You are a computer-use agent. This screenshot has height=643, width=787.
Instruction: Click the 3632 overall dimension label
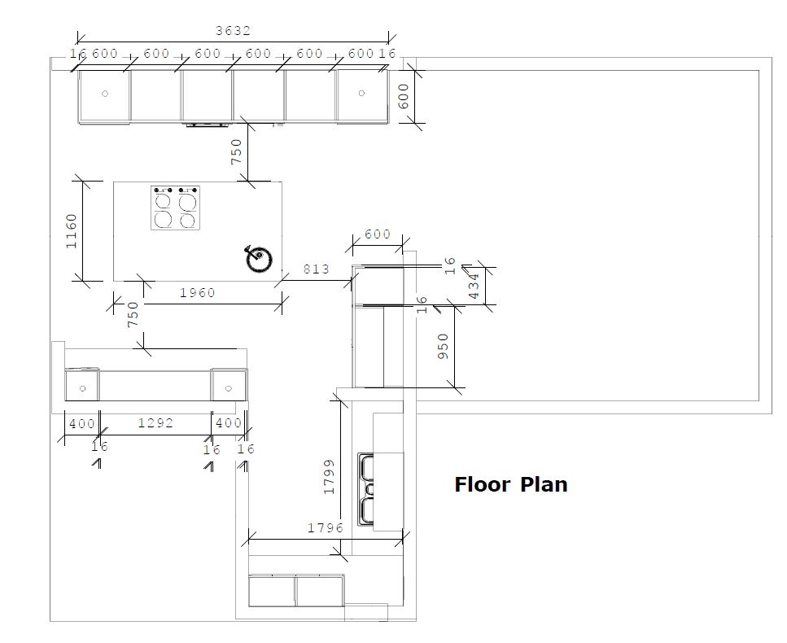coord(233,31)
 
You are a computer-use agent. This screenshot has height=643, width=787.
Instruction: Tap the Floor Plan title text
coord(511,485)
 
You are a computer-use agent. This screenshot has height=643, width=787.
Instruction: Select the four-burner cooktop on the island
coord(175,208)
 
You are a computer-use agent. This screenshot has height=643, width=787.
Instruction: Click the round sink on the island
coord(259,259)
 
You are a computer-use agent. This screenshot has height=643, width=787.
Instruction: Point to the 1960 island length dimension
coord(198,293)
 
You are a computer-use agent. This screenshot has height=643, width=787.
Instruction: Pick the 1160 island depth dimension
coord(72,231)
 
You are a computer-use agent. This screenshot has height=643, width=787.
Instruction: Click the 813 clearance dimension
coord(317,269)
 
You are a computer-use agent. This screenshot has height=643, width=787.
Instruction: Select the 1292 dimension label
coord(155,423)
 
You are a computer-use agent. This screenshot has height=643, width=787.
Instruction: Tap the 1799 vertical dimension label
coord(329,477)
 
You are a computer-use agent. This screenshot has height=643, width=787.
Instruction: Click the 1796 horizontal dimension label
coord(326,528)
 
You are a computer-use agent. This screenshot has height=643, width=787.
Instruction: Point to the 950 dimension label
coord(444,347)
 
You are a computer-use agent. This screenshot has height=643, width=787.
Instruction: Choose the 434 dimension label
coord(474,287)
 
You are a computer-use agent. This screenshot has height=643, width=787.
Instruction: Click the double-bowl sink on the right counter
coord(366,489)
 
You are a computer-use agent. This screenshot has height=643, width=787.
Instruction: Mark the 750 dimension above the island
coord(236,151)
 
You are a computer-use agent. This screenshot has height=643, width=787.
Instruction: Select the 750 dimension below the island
coord(133,314)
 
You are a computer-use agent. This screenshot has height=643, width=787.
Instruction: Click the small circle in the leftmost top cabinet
coord(105,94)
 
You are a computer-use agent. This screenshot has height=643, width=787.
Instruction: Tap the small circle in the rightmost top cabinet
coord(361,93)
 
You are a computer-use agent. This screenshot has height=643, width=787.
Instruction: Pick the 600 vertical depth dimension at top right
coord(404,96)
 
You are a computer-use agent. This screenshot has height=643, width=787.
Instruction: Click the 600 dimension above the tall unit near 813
coord(378,234)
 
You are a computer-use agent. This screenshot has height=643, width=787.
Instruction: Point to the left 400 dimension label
coord(82,423)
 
